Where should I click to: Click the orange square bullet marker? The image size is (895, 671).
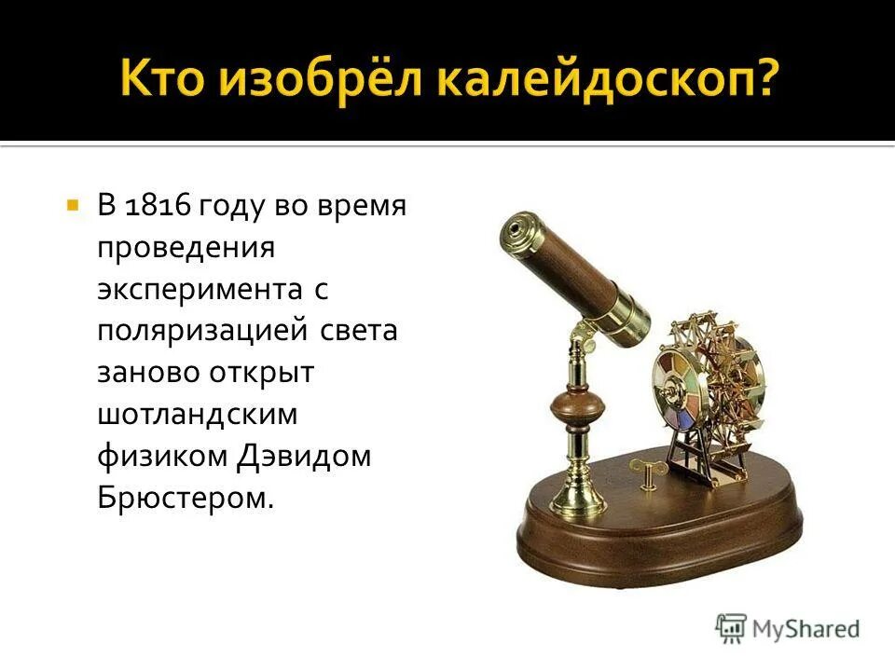click(x=72, y=203)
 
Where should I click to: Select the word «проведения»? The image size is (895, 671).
click(x=186, y=248)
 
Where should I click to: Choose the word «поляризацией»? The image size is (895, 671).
click(x=200, y=332)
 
